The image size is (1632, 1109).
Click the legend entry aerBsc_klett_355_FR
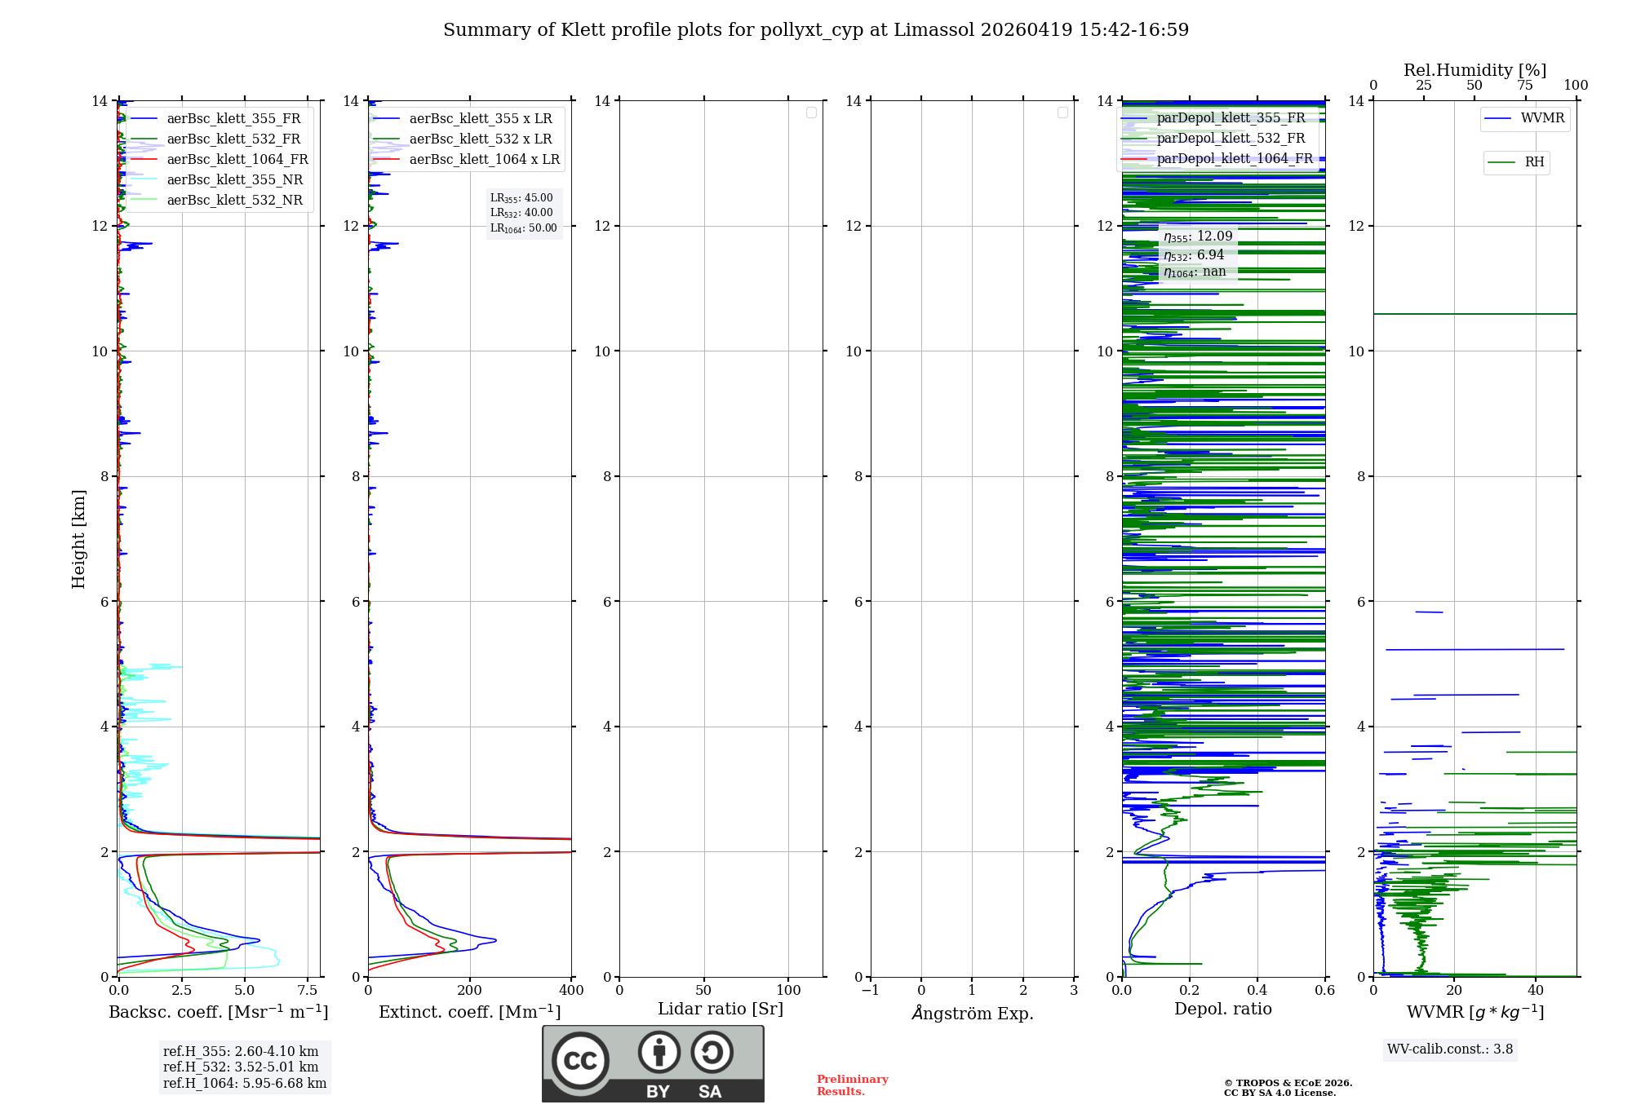click(233, 119)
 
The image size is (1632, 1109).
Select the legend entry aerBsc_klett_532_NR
click(234, 201)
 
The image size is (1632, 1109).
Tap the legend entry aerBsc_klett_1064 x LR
click(484, 160)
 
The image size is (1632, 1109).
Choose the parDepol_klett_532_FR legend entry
click(1231, 139)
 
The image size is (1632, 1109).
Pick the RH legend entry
click(1534, 162)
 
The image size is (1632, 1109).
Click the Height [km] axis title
click(78, 539)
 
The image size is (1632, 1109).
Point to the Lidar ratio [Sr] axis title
click(721, 1010)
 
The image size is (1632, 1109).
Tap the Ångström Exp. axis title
click(972, 1014)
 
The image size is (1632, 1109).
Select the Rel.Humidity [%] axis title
click(1475, 70)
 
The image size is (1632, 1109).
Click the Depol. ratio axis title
click(1222, 1010)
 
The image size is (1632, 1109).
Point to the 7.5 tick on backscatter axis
click(308, 991)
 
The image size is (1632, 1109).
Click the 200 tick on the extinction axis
click(469, 991)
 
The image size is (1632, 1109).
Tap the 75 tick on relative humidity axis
click(1524, 86)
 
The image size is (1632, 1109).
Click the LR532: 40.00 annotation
click(521, 213)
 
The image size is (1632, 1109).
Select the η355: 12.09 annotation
click(1198, 236)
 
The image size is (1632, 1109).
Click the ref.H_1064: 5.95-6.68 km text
click(245, 1084)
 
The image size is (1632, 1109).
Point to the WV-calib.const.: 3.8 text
click(1450, 1049)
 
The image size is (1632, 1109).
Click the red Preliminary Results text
click(852, 1085)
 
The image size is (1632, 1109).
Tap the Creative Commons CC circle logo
click(580, 1061)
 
